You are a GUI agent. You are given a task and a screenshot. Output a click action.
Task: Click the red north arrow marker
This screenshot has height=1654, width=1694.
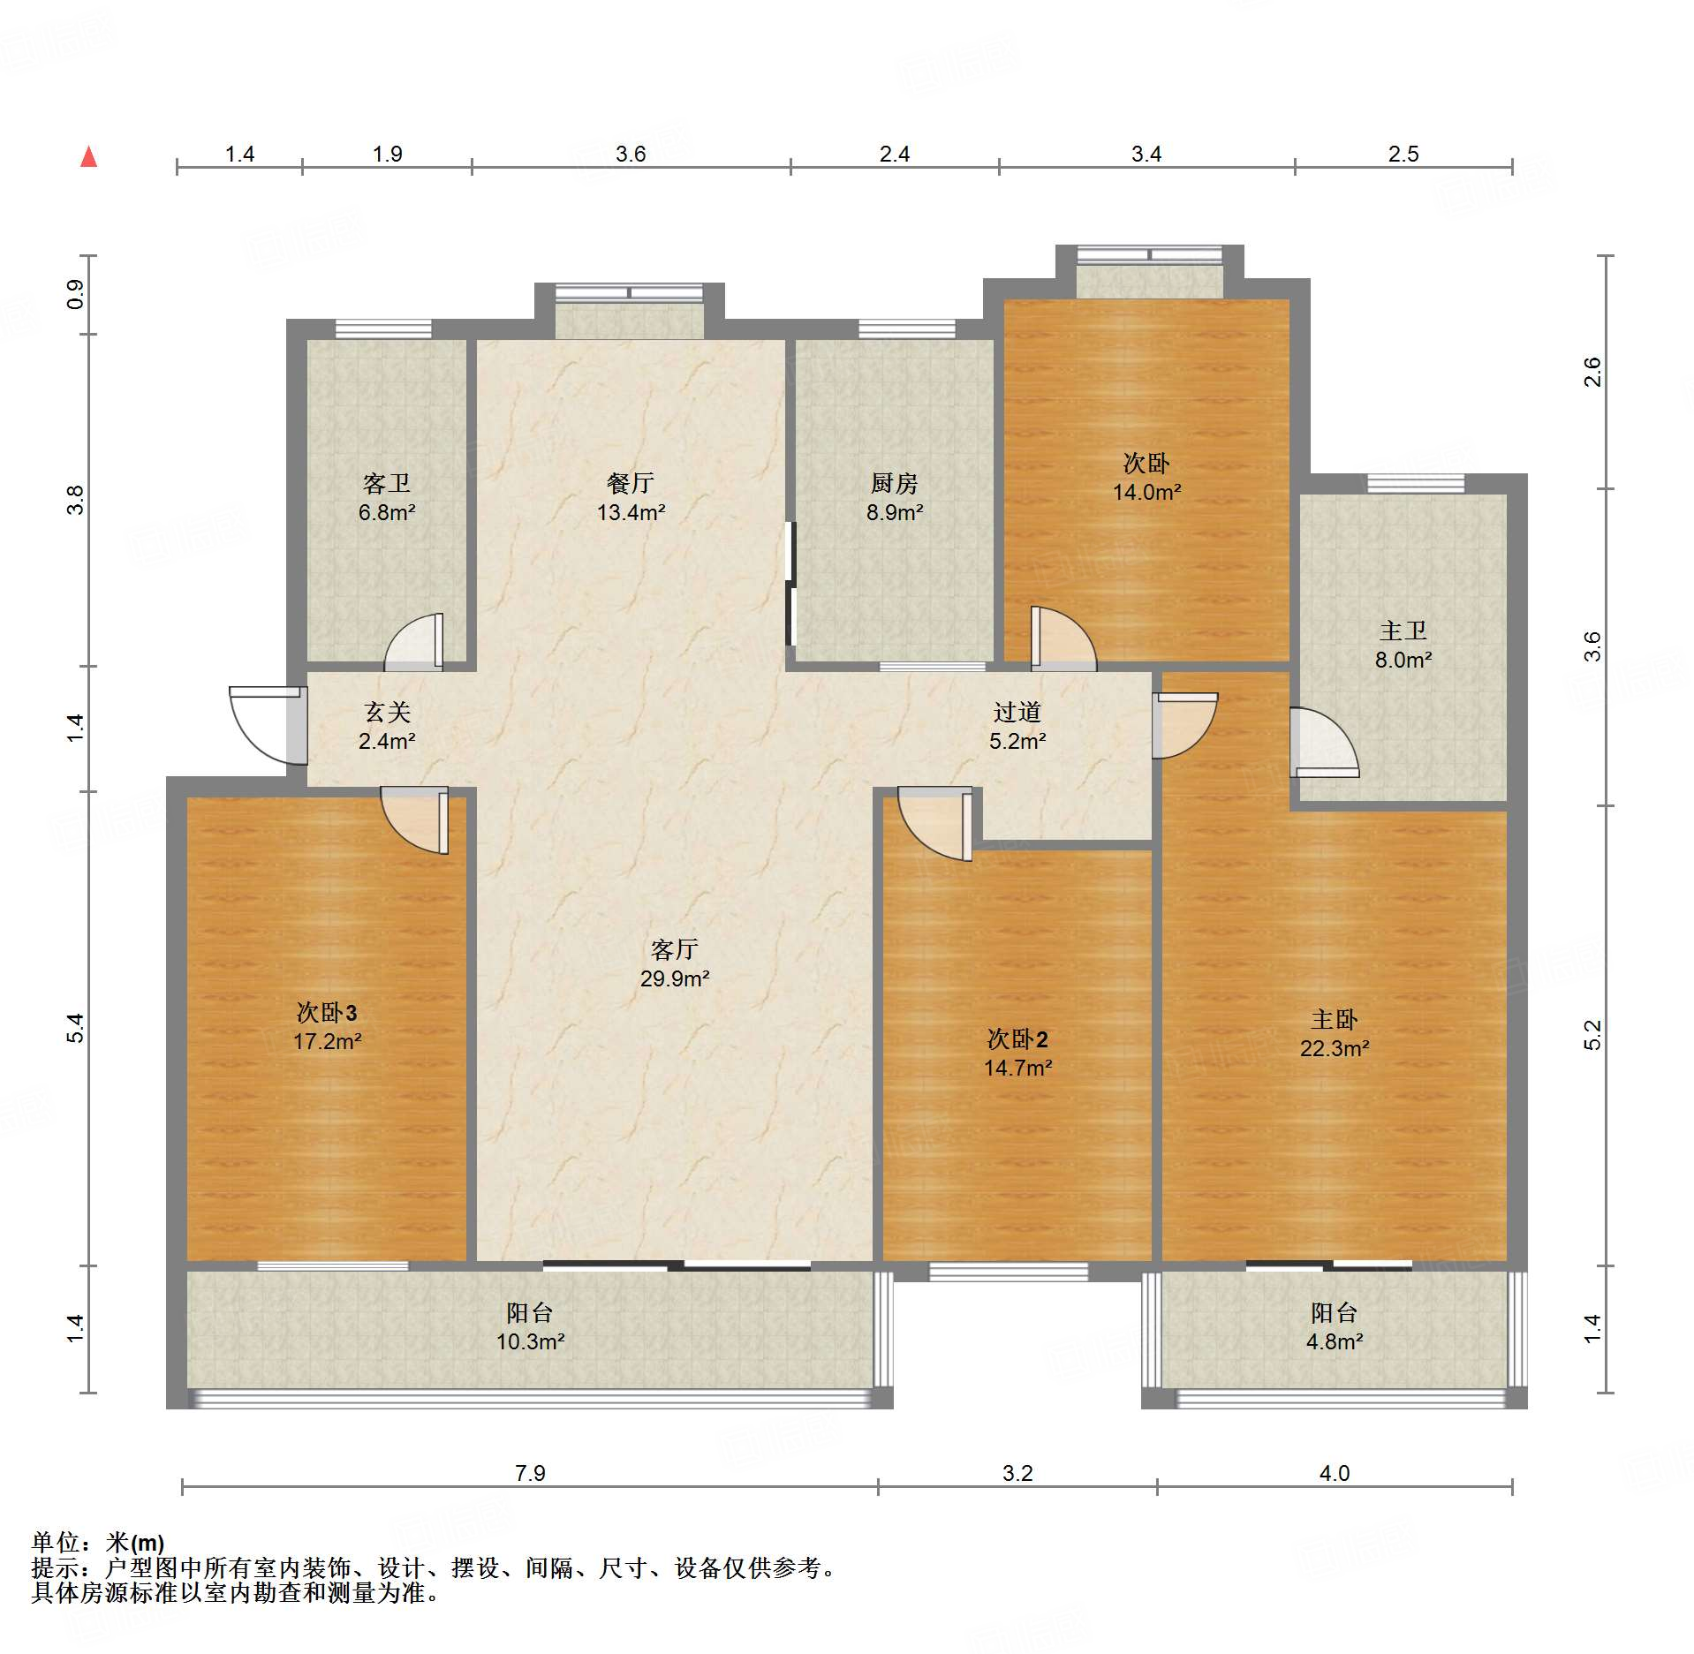(x=88, y=156)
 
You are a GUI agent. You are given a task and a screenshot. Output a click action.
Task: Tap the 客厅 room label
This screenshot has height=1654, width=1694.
(x=674, y=949)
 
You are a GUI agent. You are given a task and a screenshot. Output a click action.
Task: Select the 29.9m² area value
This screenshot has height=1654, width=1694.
(x=675, y=978)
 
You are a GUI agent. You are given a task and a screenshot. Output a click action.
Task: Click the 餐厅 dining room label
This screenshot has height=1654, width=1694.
(x=630, y=483)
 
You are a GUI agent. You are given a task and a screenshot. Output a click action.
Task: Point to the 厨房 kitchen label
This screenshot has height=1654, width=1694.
(x=894, y=483)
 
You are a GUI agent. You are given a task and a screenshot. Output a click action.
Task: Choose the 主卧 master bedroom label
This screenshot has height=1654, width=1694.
(x=1334, y=1020)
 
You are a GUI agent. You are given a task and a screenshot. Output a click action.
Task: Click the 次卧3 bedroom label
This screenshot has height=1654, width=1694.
(x=327, y=1012)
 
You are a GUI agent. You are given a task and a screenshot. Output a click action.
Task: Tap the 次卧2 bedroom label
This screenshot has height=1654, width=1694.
(x=1017, y=1038)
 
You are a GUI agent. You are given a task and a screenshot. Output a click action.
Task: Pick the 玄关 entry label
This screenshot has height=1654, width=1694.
(x=387, y=712)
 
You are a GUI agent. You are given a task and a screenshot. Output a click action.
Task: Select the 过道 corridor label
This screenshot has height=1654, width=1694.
(x=1017, y=712)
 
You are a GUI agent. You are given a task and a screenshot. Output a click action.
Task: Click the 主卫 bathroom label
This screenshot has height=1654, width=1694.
(x=1403, y=631)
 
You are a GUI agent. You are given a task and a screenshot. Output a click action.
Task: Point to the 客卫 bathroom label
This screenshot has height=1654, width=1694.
(x=387, y=483)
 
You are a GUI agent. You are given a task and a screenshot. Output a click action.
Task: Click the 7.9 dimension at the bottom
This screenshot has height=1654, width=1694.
(x=530, y=1473)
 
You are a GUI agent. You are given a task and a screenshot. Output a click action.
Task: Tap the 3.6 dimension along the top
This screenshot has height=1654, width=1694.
(x=631, y=154)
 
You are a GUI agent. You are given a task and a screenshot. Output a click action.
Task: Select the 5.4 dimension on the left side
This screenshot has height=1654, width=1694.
(x=76, y=1028)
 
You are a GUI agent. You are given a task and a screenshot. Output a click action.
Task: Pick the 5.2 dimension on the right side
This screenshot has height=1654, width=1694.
(x=1592, y=1035)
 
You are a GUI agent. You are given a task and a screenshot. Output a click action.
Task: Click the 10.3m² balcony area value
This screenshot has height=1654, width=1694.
(x=530, y=1341)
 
